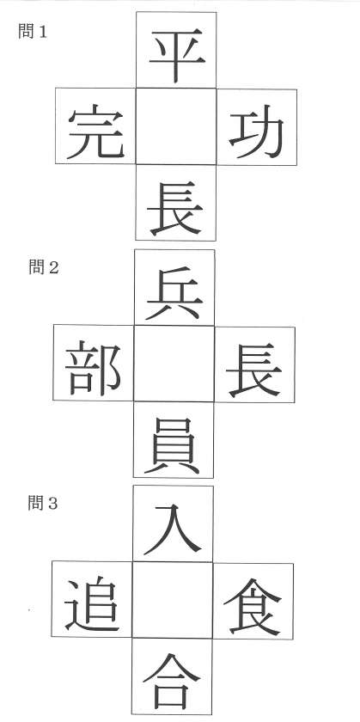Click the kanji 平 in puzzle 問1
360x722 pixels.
(177, 55)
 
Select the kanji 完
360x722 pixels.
(96, 132)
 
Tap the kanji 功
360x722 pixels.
(256, 132)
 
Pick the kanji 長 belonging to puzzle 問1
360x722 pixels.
(175, 208)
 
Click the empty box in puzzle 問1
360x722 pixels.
(176, 126)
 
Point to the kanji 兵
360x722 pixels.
(174, 293)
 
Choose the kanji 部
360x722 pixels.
(93, 368)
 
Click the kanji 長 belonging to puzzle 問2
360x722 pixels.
(254, 370)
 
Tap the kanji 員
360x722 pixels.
(173, 446)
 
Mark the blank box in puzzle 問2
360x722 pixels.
(174, 364)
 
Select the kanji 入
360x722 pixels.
(173, 529)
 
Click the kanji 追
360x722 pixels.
(92, 604)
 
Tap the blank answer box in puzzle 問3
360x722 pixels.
(173, 600)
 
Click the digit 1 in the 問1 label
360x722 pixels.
(43, 32)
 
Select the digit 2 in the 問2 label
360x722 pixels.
(54, 267)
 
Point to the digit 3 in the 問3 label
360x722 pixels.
(53, 504)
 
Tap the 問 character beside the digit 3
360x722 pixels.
(34, 504)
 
